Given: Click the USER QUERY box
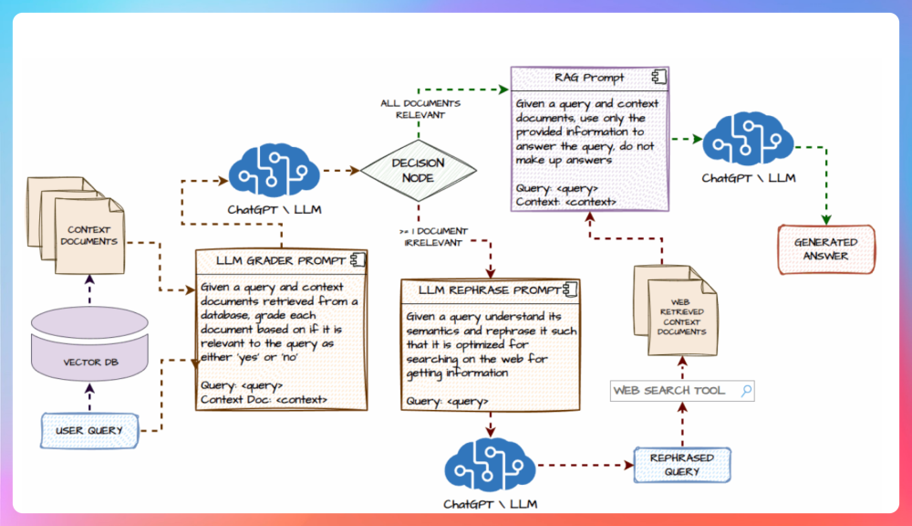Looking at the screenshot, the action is pos(89,430).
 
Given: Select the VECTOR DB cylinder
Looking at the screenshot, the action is pos(89,343).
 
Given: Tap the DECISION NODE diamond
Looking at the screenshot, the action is pos(419,171).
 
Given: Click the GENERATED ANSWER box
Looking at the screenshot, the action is pos(826,249).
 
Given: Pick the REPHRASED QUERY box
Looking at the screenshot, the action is pos(682,465).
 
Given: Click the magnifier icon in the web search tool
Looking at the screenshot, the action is pos(746,390).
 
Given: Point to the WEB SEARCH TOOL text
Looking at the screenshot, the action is pos(668,390).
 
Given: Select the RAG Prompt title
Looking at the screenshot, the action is pos(588,78).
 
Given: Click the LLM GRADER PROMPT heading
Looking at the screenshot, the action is pos(281,260).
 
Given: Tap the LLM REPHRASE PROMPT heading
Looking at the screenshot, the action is pos(489,290).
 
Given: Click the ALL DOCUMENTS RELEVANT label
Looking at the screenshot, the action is pos(420,109).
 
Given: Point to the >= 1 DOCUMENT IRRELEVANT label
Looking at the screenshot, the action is pos(433,237).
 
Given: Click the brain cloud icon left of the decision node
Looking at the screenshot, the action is pos(274,171).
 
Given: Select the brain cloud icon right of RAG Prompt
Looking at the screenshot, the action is pos(748,139).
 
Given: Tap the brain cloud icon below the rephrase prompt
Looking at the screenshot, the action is pos(490,465).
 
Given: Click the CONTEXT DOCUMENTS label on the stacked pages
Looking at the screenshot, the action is pos(89,236).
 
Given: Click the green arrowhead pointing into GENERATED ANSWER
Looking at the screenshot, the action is pos(826,219).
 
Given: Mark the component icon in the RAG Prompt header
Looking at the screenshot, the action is pos(659,77).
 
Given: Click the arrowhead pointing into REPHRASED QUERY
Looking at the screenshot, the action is pos(628,465).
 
